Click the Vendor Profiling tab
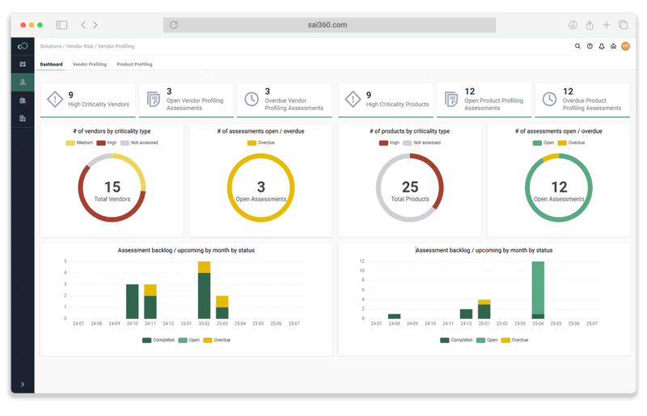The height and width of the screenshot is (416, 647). click(89, 64)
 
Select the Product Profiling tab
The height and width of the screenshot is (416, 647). click(134, 64)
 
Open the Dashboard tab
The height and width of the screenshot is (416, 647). click(51, 64)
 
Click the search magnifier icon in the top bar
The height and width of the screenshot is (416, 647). click(577, 46)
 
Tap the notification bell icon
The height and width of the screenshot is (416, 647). click(602, 46)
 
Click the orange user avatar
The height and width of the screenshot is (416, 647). click(625, 46)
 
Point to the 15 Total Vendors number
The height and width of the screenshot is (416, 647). click(112, 187)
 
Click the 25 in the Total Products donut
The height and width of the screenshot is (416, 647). click(410, 187)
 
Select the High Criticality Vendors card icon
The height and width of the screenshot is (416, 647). click(54, 100)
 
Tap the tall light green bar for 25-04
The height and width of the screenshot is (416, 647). click(538, 287)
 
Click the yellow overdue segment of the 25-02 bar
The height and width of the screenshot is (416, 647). click(205, 267)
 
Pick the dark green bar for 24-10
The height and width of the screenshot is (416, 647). click(132, 301)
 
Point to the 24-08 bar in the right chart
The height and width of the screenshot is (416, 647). click(394, 316)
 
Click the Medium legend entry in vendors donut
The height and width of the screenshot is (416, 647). click(83, 142)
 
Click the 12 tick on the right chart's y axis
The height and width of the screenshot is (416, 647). click(362, 261)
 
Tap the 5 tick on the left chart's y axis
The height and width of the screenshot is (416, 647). click(65, 261)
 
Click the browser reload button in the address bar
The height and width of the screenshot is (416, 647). click(174, 25)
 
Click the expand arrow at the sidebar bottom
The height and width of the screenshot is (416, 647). click(22, 384)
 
